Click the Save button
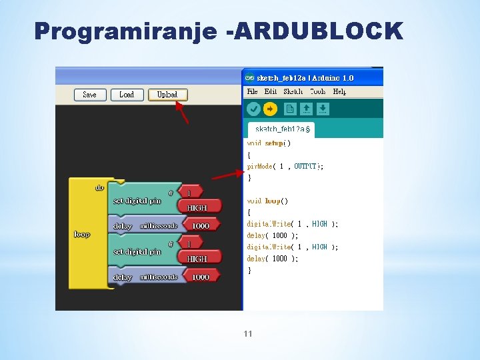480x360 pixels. [90, 95]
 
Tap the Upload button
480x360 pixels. [167, 95]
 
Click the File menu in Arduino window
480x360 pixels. [252, 91]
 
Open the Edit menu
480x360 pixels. [270, 91]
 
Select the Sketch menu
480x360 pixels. [293, 91]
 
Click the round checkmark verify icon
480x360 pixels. [253, 109]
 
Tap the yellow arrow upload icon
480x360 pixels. [270, 109]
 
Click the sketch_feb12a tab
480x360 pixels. [281, 129]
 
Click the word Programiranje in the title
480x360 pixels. [125, 31]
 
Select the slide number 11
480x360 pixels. [248, 333]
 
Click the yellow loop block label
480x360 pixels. [82, 234]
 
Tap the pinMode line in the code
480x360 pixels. [285, 167]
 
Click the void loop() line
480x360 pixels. [267, 201]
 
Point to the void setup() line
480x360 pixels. [269, 143]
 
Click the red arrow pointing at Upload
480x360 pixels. [181, 113]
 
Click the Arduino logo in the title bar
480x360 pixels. [250, 77]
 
